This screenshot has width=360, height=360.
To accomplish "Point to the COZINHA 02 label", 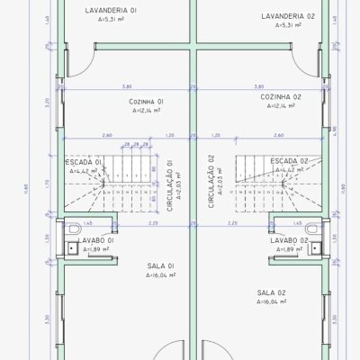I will click(280, 96).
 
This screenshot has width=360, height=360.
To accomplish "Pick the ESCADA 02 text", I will click(289, 160).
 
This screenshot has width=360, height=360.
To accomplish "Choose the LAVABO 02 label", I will click(292, 241).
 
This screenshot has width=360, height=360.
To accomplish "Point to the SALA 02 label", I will click(271, 292).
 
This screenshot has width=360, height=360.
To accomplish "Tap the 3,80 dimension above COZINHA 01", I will click(127, 86).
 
